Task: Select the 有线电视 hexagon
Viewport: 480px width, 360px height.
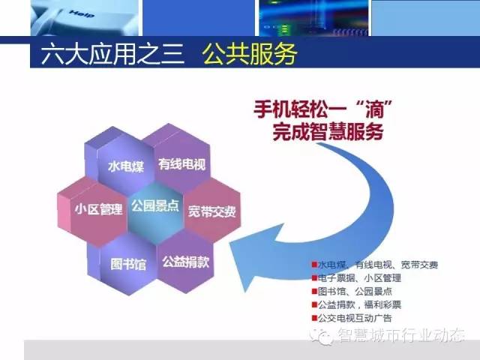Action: pyautogui.click(x=181, y=164)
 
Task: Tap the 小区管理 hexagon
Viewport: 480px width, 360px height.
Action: pyautogui.click(x=98, y=210)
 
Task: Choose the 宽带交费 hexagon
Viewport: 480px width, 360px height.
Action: pyautogui.click(x=211, y=211)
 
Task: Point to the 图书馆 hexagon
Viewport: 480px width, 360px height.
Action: pyautogui.click(x=128, y=264)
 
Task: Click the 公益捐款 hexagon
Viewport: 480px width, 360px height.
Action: pyautogui.click(x=185, y=262)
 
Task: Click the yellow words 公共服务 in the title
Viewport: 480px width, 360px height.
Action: pyautogui.click(x=249, y=54)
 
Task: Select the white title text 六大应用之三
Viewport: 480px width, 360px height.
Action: pyautogui.click(x=112, y=54)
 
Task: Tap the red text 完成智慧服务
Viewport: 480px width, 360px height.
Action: pyautogui.click(x=328, y=132)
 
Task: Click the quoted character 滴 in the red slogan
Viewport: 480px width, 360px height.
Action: pyautogui.click(x=375, y=109)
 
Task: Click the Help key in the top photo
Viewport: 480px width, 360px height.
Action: pyautogui.click(x=82, y=14)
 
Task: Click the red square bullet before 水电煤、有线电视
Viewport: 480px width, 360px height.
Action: pyautogui.click(x=314, y=265)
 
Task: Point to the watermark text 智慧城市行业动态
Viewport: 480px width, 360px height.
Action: pyautogui.click(x=402, y=335)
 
